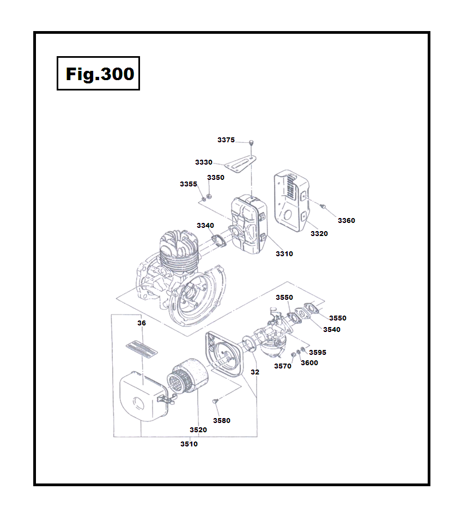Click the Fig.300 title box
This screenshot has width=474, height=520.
[x=99, y=74]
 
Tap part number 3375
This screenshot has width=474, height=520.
[x=226, y=140]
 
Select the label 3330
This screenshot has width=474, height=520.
[x=204, y=162]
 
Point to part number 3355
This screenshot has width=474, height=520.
[x=189, y=184]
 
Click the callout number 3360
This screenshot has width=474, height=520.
[x=346, y=221]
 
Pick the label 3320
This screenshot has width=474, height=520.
[x=319, y=234]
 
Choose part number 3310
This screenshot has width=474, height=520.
[x=284, y=254]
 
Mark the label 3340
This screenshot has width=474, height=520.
[x=205, y=226]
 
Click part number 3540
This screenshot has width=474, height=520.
[x=331, y=329]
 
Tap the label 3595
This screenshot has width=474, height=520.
[x=318, y=353]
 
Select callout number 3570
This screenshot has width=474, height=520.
[x=283, y=366]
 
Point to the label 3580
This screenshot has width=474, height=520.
[x=222, y=421]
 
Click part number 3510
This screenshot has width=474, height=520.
[x=189, y=444]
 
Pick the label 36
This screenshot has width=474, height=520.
[x=142, y=323]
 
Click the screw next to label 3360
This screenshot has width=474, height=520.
[x=324, y=207]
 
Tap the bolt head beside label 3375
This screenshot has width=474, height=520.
[x=252, y=142]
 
